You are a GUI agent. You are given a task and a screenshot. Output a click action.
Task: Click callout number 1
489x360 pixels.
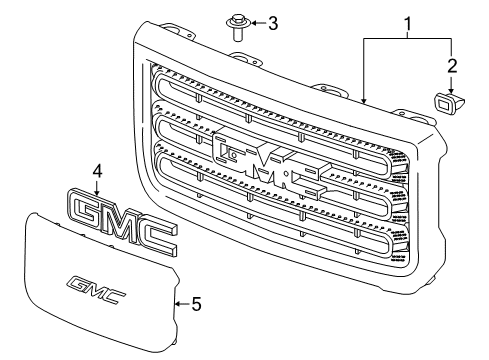tap(408, 20)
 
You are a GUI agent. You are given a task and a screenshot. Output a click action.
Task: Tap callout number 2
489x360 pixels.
tap(452, 67)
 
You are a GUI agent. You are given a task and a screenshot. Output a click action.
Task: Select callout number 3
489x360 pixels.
tap(273, 20)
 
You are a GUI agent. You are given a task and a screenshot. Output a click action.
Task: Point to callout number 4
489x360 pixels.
tap(97, 172)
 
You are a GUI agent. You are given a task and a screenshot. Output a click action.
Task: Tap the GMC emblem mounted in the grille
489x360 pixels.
tap(269, 166)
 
